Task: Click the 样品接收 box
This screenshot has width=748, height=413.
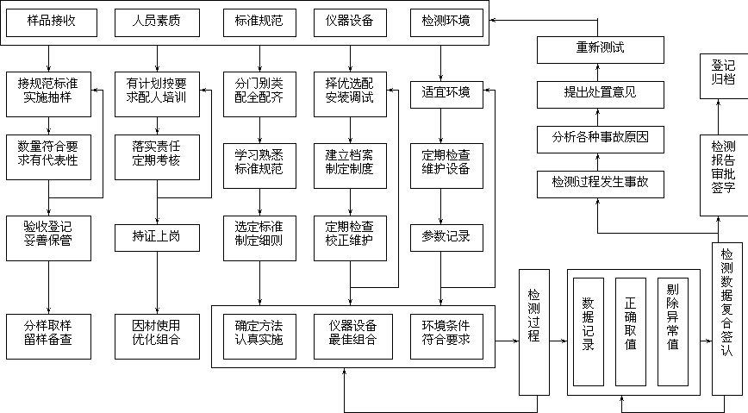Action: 52,22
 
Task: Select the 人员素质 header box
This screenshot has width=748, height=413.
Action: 157,22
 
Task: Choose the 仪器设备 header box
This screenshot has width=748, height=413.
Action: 350,22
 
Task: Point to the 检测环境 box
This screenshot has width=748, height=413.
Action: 446,22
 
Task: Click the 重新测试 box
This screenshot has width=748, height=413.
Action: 601,50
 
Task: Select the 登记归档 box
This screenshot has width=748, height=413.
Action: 724,74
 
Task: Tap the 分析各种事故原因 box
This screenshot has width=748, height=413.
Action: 601,138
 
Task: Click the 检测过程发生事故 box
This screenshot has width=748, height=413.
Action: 601,183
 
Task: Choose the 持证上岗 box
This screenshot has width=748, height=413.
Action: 157,237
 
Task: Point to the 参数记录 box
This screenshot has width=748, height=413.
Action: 446,237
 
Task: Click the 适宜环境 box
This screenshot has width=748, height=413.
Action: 446,93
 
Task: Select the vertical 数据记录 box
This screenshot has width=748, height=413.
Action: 589,331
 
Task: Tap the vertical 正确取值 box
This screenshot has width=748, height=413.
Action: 631,331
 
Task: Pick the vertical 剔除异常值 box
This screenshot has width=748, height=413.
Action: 673,331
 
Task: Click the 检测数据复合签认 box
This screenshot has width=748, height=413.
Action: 727,318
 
